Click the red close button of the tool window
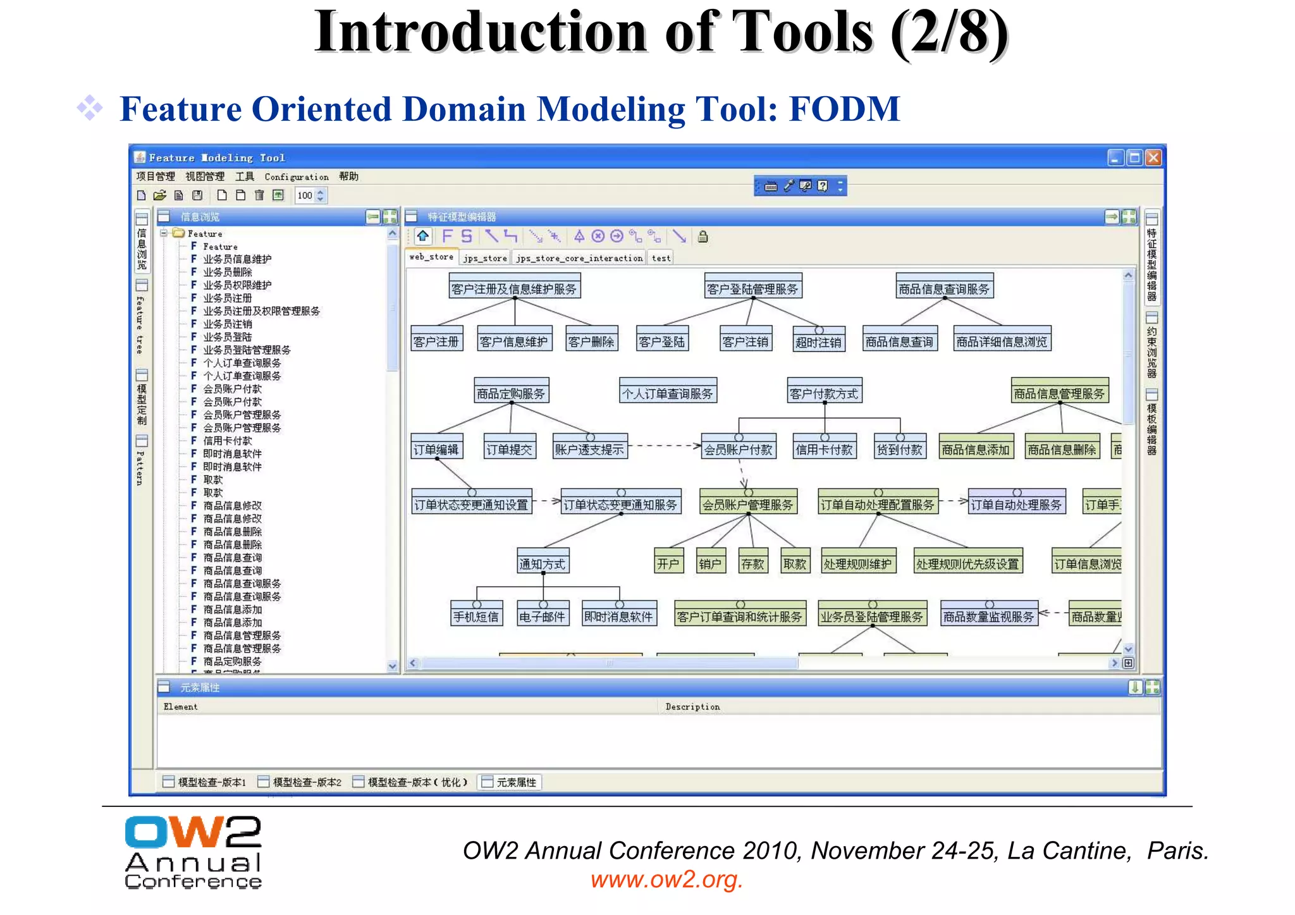click(1153, 157)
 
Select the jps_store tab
click(484, 258)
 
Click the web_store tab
click(431, 257)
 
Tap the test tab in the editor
click(661, 258)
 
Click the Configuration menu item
click(296, 177)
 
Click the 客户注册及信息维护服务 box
click(514, 288)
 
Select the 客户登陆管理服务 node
click(752, 288)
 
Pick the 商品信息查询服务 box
click(944, 288)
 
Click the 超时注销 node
click(818, 342)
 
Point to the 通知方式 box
click(543, 563)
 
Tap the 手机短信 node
click(476, 616)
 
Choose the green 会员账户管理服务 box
click(748, 505)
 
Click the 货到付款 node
click(899, 449)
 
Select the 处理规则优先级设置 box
click(968, 563)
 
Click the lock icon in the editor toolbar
click(703, 237)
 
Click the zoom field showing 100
click(305, 195)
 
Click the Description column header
click(692, 707)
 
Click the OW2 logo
click(193, 852)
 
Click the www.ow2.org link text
click(666, 879)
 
